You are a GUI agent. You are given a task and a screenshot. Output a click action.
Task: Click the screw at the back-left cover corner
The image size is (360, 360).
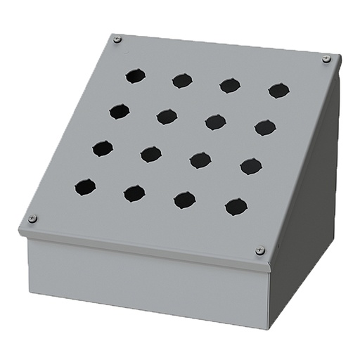tap(117, 39)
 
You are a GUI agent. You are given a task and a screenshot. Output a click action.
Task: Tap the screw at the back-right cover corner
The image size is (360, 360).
tap(326, 59)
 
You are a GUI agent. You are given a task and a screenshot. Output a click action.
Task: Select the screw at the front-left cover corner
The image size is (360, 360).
tap(32, 219)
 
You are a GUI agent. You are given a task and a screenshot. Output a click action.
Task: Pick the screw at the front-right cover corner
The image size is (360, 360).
tap(260, 250)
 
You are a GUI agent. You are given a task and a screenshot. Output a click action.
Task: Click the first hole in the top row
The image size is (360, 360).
tap(136, 76)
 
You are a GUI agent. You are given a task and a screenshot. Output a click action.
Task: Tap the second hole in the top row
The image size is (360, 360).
tap(182, 81)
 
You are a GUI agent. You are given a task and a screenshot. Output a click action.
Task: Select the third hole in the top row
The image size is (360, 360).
tap(230, 85)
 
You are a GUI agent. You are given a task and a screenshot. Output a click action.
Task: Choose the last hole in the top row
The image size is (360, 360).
tap(278, 90)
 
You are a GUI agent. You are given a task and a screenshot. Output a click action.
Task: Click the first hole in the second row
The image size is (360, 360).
tap(120, 111)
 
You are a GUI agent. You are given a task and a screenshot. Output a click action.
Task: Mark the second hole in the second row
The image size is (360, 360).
tap(167, 116)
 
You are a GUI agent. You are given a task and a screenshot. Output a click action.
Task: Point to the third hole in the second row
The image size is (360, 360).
tap(215, 122)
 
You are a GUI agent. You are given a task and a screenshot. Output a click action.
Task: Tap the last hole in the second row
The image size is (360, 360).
tap(265, 127)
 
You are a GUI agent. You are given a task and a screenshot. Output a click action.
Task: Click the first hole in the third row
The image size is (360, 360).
tap(103, 148)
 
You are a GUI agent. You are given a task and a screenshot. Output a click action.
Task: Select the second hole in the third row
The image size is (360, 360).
tap(150, 154)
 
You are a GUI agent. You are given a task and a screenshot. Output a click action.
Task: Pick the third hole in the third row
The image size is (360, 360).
tap(200, 160)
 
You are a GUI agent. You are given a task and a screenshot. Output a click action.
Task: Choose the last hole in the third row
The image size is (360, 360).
tap(251, 166)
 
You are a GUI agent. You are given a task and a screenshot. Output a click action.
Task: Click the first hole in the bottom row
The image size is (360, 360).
tap(85, 187)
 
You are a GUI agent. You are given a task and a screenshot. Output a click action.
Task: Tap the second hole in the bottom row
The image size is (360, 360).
tap(134, 193)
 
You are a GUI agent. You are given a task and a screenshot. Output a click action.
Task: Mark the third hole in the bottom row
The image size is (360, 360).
tap(185, 200)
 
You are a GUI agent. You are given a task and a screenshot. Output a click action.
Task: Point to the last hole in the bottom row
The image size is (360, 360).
tap(236, 207)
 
